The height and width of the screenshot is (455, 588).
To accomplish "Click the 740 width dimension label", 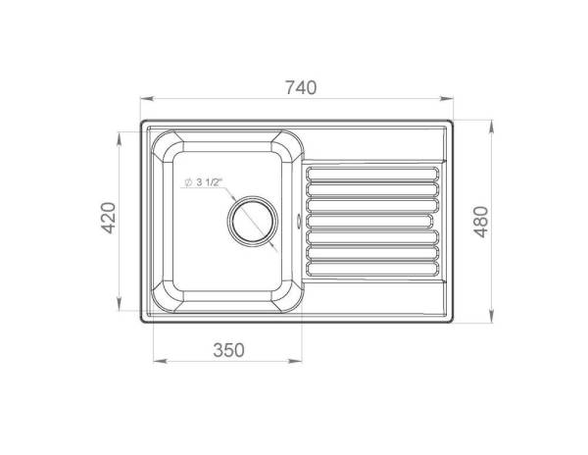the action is pos(301,87).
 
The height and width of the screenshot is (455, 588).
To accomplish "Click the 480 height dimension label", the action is pos(481,222).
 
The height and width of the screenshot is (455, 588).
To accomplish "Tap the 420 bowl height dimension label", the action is pos(109,218).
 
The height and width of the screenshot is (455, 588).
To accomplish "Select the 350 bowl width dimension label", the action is pos(228,350).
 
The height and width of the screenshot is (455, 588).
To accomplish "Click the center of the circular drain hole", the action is pos(253,221).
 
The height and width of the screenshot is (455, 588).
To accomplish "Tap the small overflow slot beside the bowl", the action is pos(299,221).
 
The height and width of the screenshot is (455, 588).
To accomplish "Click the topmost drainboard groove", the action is pos(372,174).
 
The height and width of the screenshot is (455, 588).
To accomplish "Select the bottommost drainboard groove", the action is pos(372,269).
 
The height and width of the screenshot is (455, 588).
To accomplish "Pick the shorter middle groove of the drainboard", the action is pos(369,222).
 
